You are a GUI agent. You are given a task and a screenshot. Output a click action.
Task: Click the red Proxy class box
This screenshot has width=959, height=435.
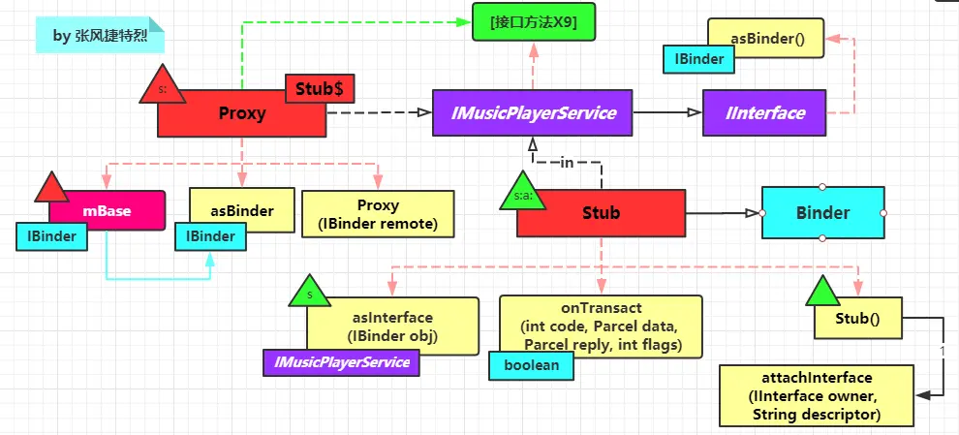pyautogui.click(x=241, y=113)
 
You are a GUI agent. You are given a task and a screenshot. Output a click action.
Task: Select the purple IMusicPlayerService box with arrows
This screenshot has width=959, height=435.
pyautogui.click(x=532, y=112)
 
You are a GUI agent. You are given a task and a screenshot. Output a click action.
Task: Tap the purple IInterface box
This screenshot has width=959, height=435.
pyautogui.click(x=764, y=112)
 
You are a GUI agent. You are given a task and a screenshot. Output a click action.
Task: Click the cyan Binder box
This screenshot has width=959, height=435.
pyautogui.click(x=822, y=213)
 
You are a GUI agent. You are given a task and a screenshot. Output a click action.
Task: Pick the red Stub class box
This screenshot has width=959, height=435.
pyautogui.click(x=601, y=213)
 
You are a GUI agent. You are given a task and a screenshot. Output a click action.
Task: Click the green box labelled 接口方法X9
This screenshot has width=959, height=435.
pyautogui.click(x=534, y=22)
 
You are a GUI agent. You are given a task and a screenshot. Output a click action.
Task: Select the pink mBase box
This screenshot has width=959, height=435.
pyautogui.click(x=107, y=210)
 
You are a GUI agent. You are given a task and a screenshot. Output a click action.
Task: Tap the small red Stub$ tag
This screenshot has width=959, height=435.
pyautogui.click(x=320, y=89)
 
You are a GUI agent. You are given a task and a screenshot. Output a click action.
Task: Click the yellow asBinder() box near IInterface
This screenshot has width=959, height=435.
pyautogui.click(x=765, y=38)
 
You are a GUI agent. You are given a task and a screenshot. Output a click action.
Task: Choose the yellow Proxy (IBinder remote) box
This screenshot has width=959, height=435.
pyautogui.click(x=378, y=213)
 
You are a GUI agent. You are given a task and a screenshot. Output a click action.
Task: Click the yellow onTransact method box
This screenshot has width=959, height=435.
pyautogui.click(x=601, y=326)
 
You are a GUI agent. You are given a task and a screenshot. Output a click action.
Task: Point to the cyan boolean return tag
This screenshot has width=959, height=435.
pyautogui.click(x=532, y=365)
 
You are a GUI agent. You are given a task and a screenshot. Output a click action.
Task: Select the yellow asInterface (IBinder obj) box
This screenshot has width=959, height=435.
pyautogui.click(x=392, y=326)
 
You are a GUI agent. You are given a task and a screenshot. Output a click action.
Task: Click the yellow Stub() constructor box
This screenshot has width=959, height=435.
pyautogui.click(x=857, y=318)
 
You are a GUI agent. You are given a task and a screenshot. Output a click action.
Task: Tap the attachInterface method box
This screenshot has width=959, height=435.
pyautogui.click(x=817, y=396)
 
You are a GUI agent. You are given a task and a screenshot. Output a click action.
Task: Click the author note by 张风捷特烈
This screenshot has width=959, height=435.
pyautogui.click(x=101, y=36)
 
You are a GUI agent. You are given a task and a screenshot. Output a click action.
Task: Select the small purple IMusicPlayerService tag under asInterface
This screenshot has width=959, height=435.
pyautogui.click(x=341, y=362)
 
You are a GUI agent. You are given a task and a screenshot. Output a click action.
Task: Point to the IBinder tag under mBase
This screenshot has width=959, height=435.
pyautogui.click(x=52, y=236)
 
